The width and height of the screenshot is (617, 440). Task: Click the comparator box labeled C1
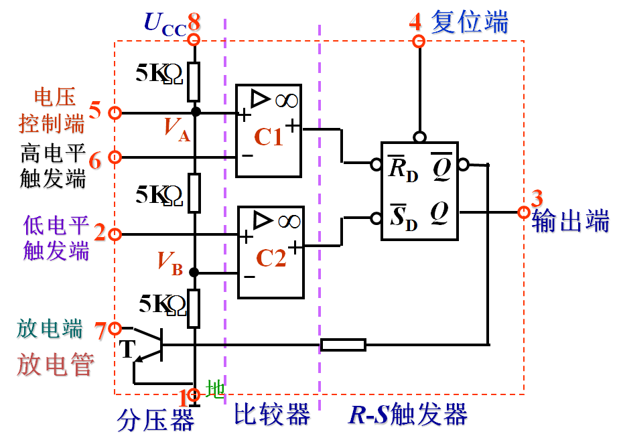coord(268,131)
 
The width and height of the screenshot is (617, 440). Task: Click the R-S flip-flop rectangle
coord(419,191)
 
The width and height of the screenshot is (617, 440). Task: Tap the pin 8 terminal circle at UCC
coord(194,38)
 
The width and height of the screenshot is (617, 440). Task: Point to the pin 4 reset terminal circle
coord(419,42)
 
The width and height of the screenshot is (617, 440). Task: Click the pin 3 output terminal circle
coord(524,212)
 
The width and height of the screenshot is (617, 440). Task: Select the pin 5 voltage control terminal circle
coord(115,113)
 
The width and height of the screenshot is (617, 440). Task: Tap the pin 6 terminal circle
coord(115,157)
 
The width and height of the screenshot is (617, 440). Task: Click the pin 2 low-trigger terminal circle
coord(115,234)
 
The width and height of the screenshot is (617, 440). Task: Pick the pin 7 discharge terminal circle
coord(115,328)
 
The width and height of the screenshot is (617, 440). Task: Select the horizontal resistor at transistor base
coord(343,345)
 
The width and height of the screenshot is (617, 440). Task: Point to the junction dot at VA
coord(195,112)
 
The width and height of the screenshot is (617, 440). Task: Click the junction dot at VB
coord(194,273)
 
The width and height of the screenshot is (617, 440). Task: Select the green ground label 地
coord(214,389)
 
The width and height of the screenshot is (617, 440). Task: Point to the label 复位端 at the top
coord(469,22)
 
